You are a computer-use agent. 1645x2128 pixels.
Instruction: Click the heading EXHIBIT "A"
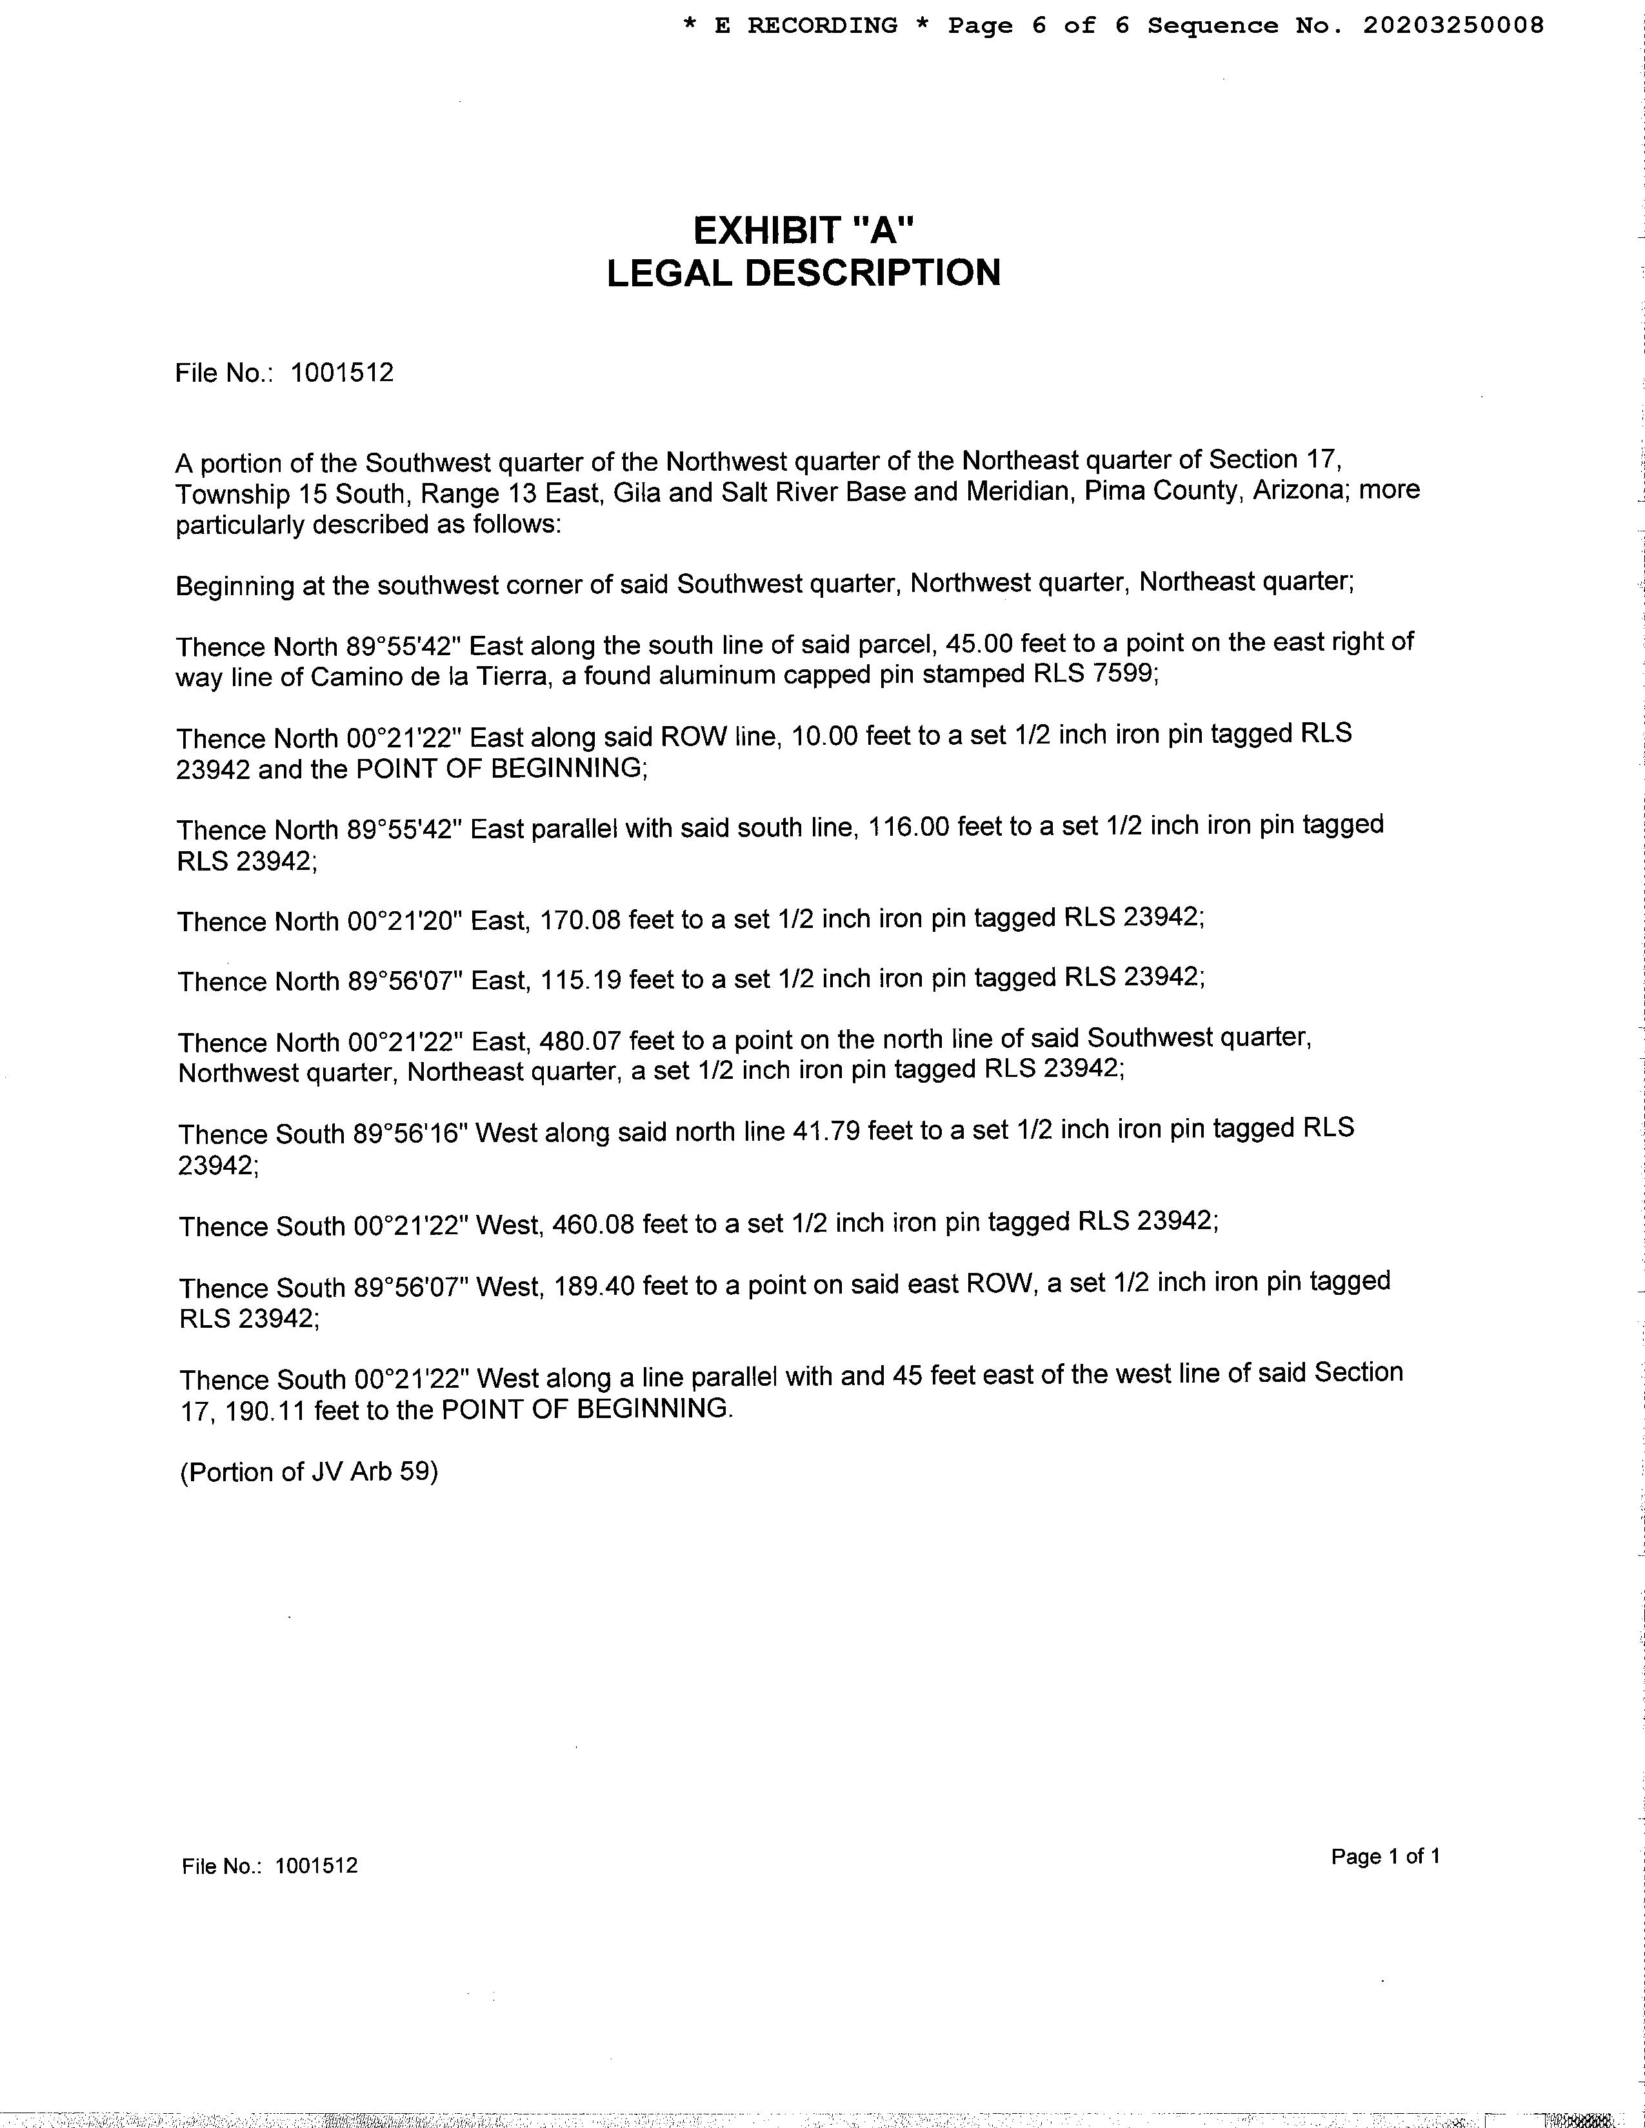(x=804, y=231)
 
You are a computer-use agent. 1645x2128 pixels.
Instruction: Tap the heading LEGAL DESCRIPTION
(x=804, y=273)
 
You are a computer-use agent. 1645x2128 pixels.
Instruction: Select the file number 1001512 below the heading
(x=342, y=373)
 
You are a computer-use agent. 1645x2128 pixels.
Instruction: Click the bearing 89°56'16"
(x=407, y=1133)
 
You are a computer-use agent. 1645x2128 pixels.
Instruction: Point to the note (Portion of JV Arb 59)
(x=309, y=1472)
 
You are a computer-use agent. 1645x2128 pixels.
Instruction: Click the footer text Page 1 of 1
(x=1385, y=1857)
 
